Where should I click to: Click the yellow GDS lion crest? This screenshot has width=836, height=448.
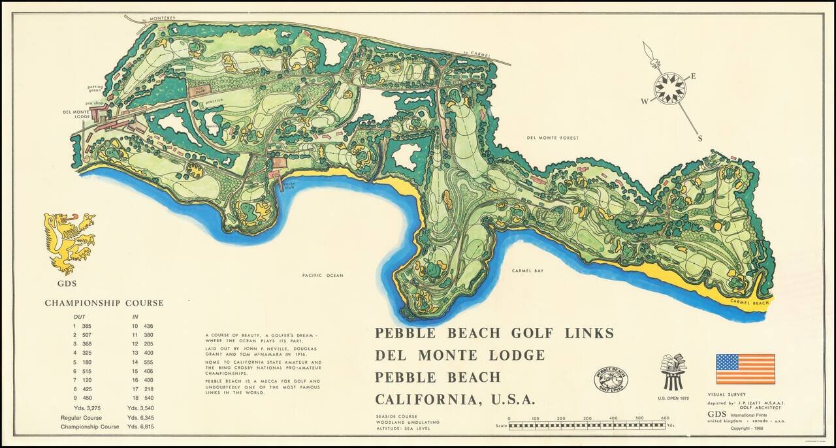tap(69, 242)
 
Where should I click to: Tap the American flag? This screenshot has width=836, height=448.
tap(745, 369)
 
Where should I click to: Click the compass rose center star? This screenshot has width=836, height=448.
tap(669, 88)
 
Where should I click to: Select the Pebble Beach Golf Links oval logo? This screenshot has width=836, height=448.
tap(611, 380)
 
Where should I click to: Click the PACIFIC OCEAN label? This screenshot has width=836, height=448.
tap(323, 276)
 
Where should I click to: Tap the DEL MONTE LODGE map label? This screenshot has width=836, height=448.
tap(76, 114)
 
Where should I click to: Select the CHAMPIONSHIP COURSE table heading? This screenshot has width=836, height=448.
tap(104, 303)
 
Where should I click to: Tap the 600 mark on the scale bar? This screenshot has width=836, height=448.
tap(665, 419)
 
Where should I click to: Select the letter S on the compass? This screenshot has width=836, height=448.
tap(700, 138)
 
